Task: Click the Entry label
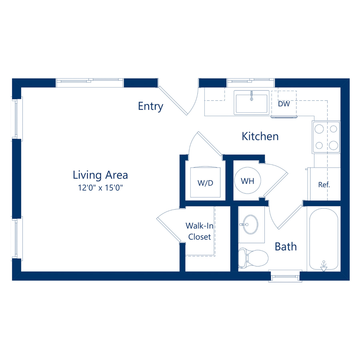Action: (151, 106)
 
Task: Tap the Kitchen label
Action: (260, 136)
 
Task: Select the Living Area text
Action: (100, 175)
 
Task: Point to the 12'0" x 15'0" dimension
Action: (100, 188)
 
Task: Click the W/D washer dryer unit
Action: (205, 182)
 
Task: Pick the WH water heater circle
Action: (248, 180)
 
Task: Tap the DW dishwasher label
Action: (284, 104)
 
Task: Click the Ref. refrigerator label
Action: (324, 184)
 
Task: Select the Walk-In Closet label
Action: (200, 231)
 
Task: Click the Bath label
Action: (286, 246)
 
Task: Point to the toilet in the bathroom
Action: (253, 258)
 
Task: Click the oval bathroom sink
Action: (250, 224)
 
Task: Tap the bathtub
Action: (324, 239)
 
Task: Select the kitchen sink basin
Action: (252, 102)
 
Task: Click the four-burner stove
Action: (326, 137)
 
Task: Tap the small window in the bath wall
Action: (285, 276)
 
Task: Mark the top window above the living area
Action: (90, 83)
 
